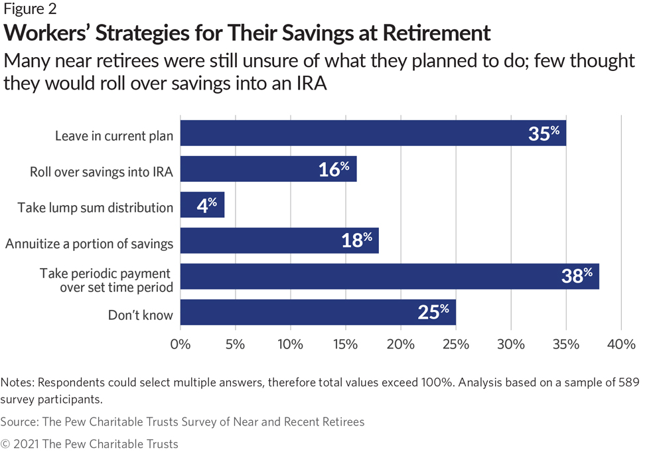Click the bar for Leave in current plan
coord(373,133)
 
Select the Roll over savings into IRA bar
coord(269,169)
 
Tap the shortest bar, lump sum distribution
coord(202,205)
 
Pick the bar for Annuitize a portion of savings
coord(279,240)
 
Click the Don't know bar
coord(318,312)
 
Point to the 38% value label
coord(577,275)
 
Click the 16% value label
coord(334,169)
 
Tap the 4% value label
coord(207,205)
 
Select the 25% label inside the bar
coord(433,312)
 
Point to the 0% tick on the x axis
coord(181,344)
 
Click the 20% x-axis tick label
coord(401,344)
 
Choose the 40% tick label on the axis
coord(621,344)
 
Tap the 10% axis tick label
coord(291,344)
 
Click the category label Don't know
coord(141,315)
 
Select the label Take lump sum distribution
coord(95,208)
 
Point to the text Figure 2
coord(30,9)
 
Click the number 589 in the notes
coord(629,382)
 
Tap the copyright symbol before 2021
coord(5,444)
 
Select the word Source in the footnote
coord(19,421)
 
